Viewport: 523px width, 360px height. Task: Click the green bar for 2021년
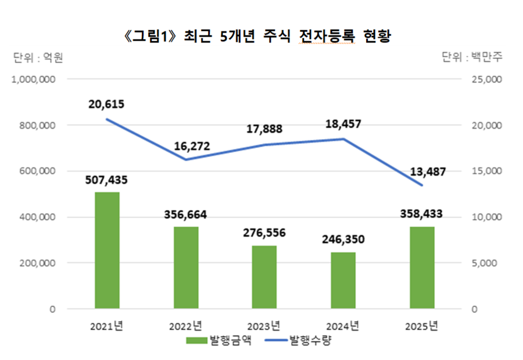107,250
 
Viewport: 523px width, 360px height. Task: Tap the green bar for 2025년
422,268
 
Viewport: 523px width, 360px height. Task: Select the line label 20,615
107,105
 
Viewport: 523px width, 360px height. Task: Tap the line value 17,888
263,129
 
